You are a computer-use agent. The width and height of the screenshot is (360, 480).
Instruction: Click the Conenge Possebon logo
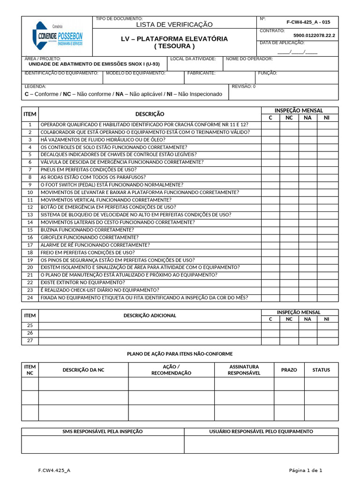tap(57, 36)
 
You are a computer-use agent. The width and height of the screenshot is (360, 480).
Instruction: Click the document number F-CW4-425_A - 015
tap(308, 22)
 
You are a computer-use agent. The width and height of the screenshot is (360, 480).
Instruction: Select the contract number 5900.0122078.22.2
tap(314, 35)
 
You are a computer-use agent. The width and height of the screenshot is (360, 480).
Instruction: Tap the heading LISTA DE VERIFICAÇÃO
tap(174, 24)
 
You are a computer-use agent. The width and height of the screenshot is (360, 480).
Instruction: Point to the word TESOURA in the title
tap(174, 46)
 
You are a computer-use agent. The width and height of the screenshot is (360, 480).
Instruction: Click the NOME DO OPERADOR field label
tap(249, 59)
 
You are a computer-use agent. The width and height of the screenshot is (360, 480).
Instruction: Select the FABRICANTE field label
tap(201, 73)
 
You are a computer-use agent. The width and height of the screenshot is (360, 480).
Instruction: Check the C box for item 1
tap(270, 125)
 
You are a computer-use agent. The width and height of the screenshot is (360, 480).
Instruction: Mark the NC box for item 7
tap(289, 170)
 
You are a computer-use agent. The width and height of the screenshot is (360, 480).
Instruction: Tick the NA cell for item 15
tap(307, 230)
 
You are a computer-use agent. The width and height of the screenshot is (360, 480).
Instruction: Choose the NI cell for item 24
tap(327, 298)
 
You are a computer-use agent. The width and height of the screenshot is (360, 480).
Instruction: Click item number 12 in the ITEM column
tap(30, 207)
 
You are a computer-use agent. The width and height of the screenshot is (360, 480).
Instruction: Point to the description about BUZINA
tap(87, 230)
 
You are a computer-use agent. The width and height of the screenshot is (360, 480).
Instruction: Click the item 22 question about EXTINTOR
tap(83, 283)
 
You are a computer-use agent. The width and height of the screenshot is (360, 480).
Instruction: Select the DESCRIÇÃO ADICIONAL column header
tap(150, 315)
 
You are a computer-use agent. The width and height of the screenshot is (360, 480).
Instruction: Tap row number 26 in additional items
tap(30, 333)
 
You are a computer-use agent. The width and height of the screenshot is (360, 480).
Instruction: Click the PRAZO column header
tap(289, 370)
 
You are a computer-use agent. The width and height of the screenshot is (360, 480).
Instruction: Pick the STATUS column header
tap(321, 370)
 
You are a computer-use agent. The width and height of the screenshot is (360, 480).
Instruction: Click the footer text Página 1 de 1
tap(305, 470)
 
